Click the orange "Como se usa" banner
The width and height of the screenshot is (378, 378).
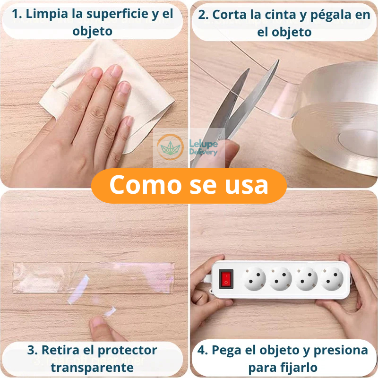pyautogui.click(x=189, y=185)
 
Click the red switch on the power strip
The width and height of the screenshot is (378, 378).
pyautogui.click(x=226, y=278)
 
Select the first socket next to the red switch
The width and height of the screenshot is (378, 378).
pyautogui.click(x=255, y=278)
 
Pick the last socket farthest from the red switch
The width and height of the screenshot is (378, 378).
pyautogui.click(x=333, y=278)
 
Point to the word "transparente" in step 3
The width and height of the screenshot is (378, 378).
pyautogui.click(x=92, y=367)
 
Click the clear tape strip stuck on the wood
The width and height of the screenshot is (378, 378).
pyautogui.click(x=94, y=276)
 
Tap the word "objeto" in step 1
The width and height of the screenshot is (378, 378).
pyautogui.click(x=93, y=32)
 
